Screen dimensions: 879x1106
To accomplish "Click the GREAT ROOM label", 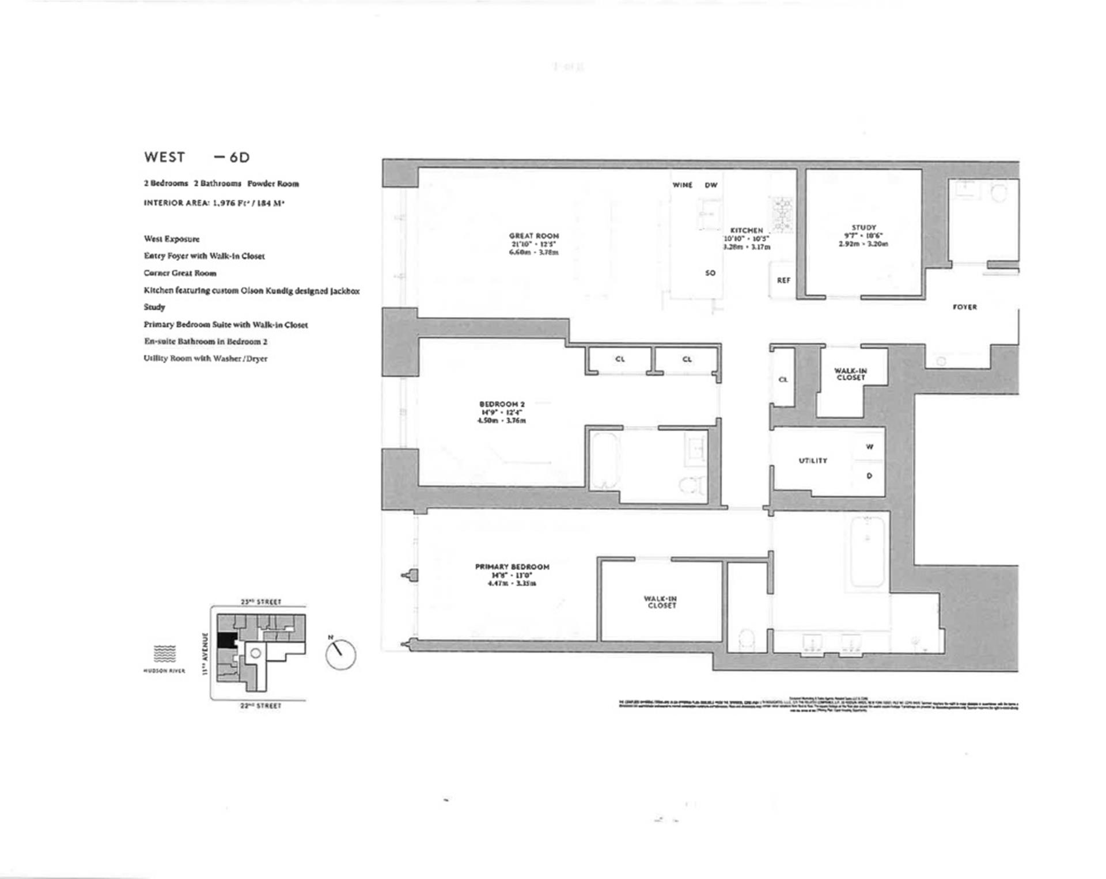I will (x=533, y=236).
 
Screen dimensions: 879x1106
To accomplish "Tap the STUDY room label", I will (x=863, y=228).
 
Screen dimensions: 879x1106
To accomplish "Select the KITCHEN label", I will (x=746, y=230).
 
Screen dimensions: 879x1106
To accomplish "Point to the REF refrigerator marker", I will (x=783, y=280).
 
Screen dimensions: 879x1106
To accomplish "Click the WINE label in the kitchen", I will (x=682, y=185).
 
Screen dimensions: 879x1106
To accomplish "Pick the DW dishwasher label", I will (x=711, y=185).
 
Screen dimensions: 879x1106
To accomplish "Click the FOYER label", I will (x=964, y=307).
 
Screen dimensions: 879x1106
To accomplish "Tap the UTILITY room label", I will (x=813, y=461).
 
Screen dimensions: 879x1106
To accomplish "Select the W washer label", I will (x=869, y=447).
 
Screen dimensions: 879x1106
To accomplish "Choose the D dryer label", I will (x=869, y=476).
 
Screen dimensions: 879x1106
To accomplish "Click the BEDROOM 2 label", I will (x=502, y=404).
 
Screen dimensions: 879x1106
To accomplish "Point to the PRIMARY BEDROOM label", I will (x=512, y=567).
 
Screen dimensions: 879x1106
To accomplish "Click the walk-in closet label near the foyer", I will (x=850, y=374).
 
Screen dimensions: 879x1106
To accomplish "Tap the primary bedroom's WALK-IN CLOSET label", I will (x=660, y=602).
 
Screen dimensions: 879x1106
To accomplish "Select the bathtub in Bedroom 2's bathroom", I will (x=604, y=461).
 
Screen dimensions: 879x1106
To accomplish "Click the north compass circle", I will (x=340, y=655).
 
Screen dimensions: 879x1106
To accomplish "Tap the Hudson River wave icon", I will (x=164, y=653).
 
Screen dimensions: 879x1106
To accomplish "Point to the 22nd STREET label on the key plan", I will (x=261, y=706).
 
